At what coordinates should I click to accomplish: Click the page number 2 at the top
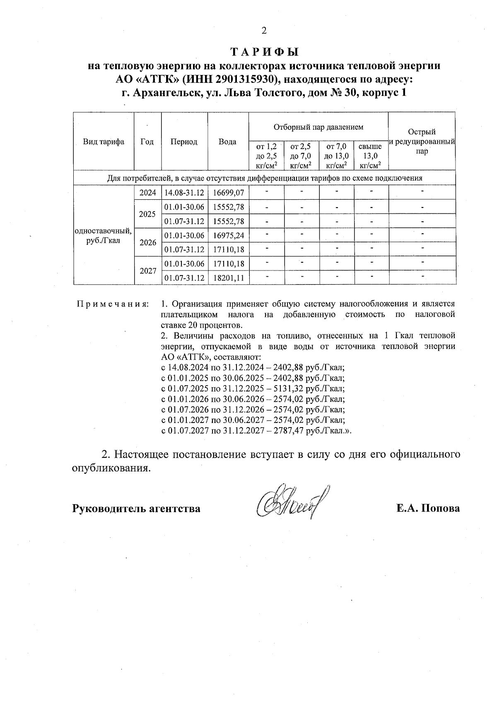(264, 31)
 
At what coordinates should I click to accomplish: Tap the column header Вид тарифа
(104, 142)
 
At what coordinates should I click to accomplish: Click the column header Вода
(227, 142)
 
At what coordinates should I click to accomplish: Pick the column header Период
(184, 142)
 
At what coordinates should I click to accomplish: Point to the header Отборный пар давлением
(318, 126)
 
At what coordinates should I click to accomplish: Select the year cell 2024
(148, 193)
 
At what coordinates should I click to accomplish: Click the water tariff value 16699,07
(228, 193)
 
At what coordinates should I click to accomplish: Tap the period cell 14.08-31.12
(184, 193)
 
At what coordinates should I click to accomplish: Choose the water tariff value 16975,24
(228, 236)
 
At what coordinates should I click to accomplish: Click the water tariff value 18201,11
(228, 278)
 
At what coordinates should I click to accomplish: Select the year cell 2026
(148, 243)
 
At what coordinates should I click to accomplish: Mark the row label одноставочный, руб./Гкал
(104, 235)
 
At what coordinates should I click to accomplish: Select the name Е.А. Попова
(428, 508)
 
